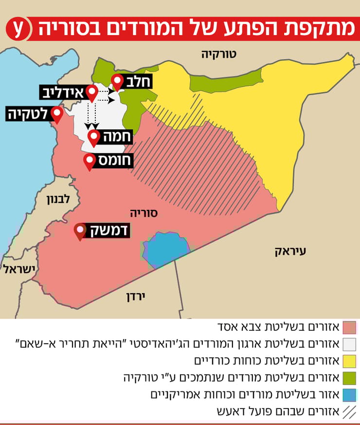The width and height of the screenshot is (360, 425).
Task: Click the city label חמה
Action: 115,137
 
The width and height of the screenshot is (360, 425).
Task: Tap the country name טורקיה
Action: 218,54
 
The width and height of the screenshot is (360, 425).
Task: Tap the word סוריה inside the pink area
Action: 144,213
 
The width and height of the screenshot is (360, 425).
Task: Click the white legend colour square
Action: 349,344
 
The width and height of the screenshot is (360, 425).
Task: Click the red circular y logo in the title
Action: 18,29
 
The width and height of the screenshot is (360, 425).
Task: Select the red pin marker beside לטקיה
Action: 58,115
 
